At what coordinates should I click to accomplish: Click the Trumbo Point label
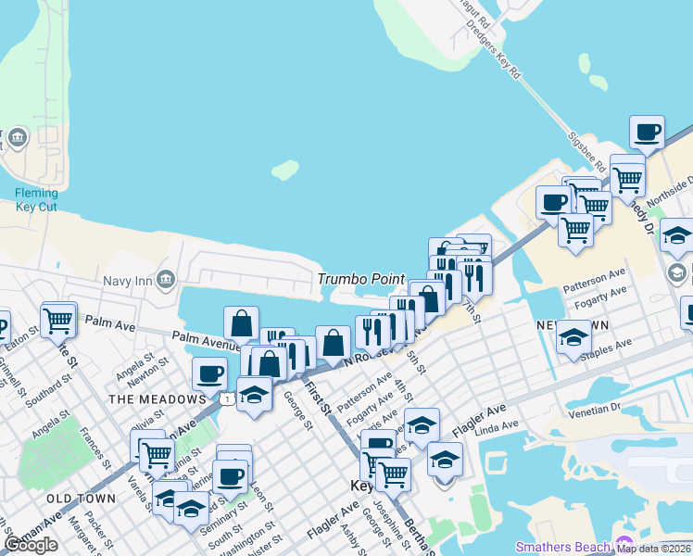coord(361,279)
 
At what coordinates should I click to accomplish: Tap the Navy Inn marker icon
coord(166,278)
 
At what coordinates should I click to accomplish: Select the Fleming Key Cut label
coord(36,199)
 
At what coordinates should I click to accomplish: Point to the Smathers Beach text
coord(564,547)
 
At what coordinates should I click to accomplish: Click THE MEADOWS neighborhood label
coord(157,398)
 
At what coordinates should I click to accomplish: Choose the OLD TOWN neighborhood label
coord(82,499)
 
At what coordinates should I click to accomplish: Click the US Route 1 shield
coord(227,398)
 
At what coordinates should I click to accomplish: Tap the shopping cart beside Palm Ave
coord(58,321)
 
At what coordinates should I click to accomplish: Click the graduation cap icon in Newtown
coord(574,337)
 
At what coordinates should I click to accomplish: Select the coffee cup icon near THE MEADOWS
coord(209,374)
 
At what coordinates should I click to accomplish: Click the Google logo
coord(31,545)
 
